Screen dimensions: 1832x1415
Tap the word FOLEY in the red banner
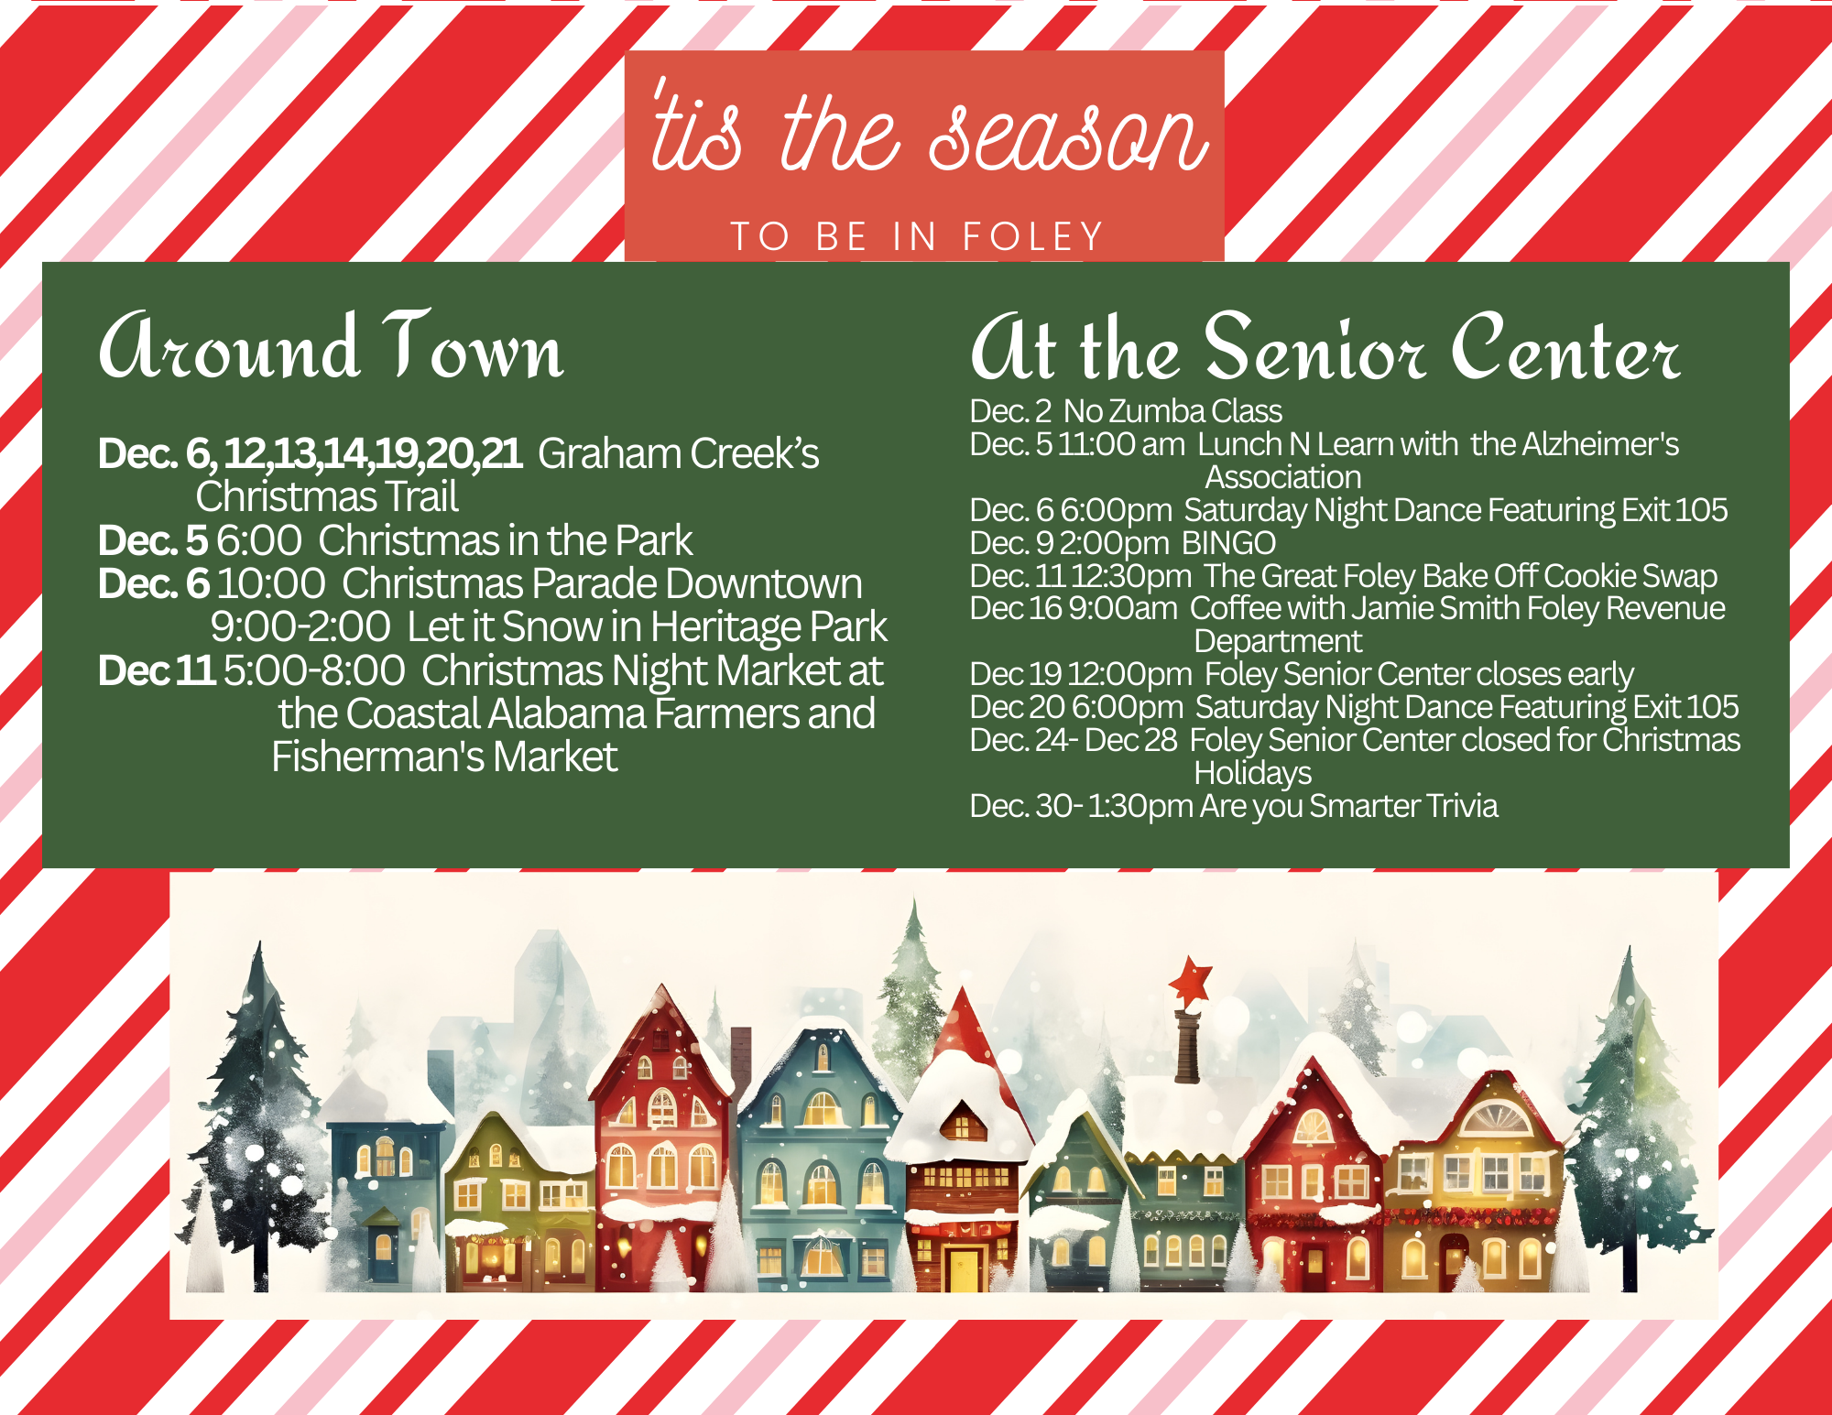click(x=1032, y=236)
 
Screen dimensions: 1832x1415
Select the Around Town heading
click(x=331, y=345)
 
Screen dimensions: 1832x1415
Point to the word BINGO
click(x=1228, y=543)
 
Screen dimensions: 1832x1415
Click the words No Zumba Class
click(x=1172, y=411)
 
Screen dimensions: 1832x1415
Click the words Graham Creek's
click(x=679, y=453)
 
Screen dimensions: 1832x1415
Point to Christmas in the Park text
click(x=505, y=540)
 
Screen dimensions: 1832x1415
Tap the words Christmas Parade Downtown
click(x=602, y=583)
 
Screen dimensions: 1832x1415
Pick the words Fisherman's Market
click(x=444, y=757)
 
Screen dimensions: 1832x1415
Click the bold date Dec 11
click(x=157, y=670)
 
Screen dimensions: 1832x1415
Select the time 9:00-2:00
click(x=300, y=627)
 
